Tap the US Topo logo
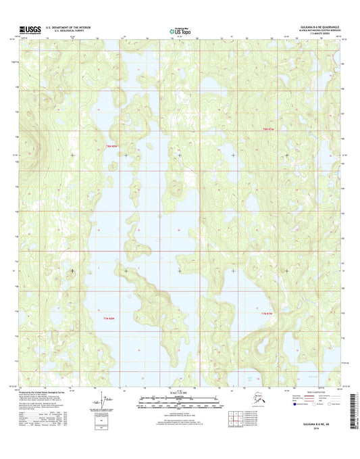(178, 30)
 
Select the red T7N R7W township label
(268, 314)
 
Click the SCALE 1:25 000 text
(180, 393)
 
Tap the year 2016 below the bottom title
(322, 435)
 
